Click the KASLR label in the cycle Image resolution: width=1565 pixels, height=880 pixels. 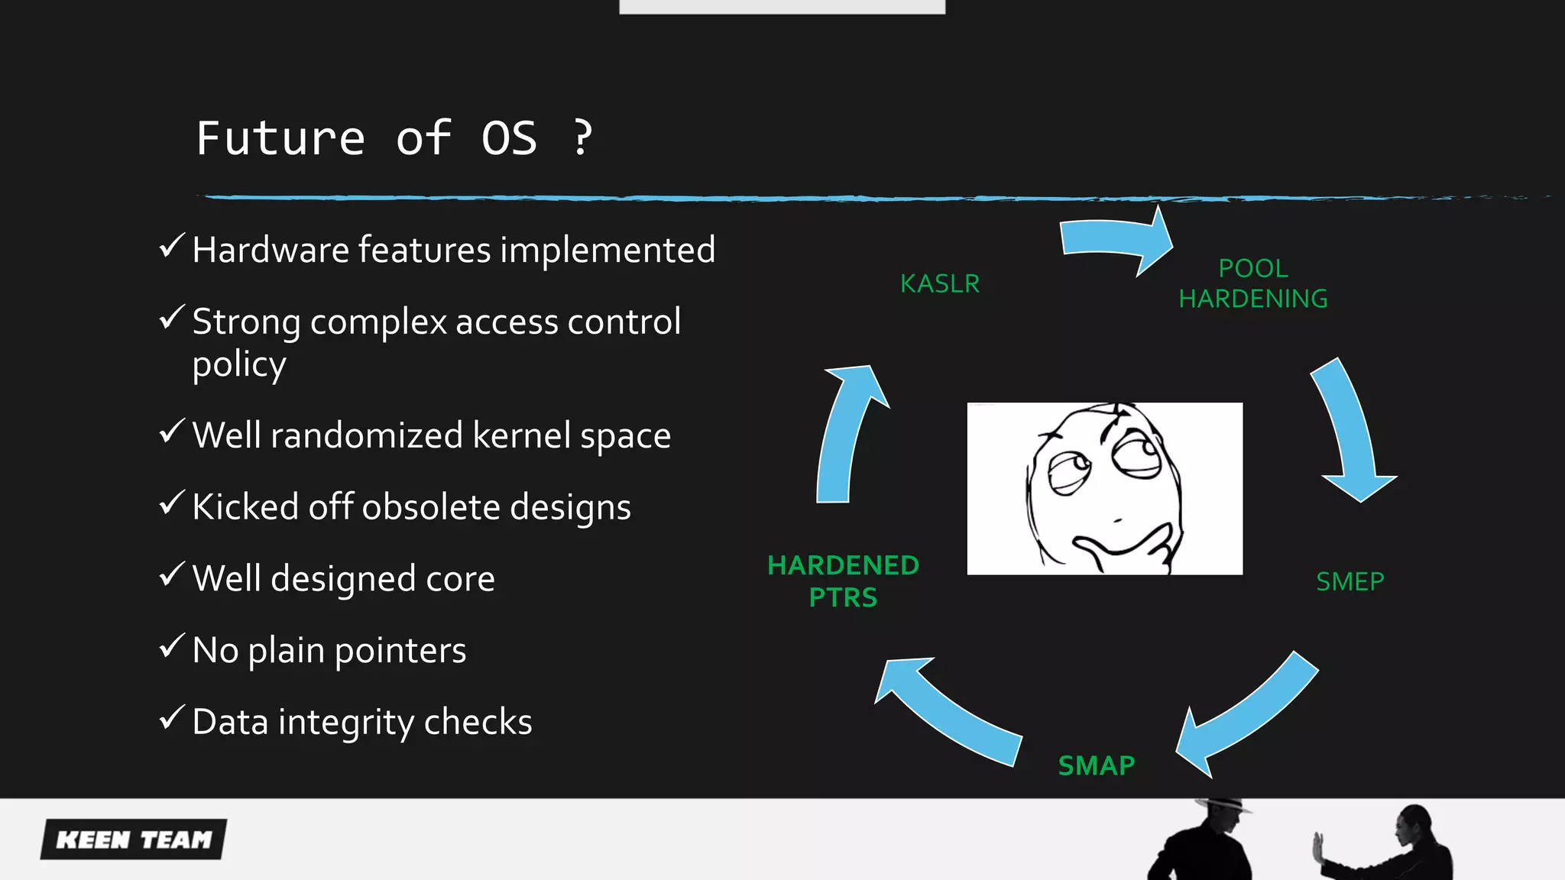[939, 283]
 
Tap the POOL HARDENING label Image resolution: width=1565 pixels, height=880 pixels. [1252, 283]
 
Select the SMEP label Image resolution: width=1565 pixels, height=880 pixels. [1350, 581]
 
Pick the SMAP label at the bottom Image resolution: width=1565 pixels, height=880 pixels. [1096, 765]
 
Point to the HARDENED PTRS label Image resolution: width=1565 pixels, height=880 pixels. [843, 581]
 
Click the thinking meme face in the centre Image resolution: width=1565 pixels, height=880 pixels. [1104, 488]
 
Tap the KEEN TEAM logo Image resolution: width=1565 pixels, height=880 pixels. [134, 840]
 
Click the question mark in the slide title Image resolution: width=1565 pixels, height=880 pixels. [582, 137]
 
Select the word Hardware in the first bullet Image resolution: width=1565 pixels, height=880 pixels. [271, 250]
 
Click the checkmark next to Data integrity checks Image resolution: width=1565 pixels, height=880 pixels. [171, 718]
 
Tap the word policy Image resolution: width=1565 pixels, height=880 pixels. [238, 364]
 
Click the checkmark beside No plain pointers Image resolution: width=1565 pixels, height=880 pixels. [171, 646]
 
